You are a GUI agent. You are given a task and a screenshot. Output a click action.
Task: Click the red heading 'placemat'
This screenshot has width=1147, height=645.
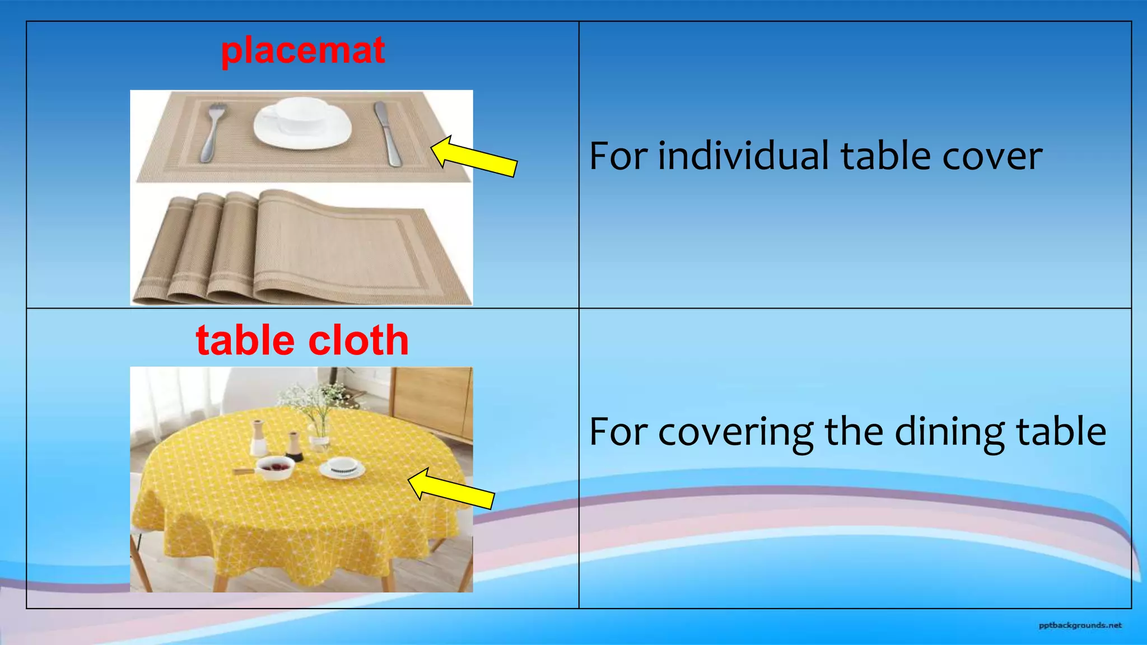point(302,50)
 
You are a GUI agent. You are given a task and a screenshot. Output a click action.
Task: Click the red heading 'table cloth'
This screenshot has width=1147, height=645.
point(302,340)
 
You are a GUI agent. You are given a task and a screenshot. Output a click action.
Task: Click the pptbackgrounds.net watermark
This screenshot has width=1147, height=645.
point(1080,625)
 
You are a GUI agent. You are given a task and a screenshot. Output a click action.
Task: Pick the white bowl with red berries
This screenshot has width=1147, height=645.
point(275,468)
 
